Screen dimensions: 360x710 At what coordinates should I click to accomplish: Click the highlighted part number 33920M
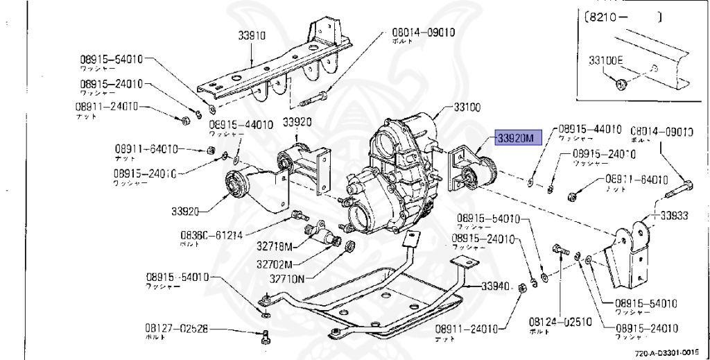pos(514,138)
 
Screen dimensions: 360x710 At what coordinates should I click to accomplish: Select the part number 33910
pos(245,35)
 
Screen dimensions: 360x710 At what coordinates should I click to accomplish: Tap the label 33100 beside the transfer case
pos(467,108)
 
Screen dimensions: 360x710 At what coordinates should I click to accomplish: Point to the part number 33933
pos(673,216)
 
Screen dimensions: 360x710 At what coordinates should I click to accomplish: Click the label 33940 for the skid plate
pos(495,286)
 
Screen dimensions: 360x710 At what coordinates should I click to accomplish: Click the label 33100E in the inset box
pos(606,60)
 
